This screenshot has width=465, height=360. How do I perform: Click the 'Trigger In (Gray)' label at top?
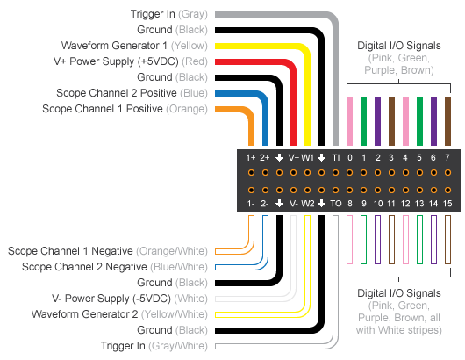pyautogui.click(x=166, y=14)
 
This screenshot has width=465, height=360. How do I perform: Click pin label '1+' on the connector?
pyautogui.click(x=251, y=157)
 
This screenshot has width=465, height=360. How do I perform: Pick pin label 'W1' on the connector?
pyautogui.click(x=308, y=157)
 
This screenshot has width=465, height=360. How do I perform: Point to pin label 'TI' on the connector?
pyautogui.click(x=336, y=157)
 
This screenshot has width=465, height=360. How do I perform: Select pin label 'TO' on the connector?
pyautogui.click(x=336, y=203)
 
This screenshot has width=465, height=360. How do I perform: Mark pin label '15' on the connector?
pyautogui.click(x=447, y=203)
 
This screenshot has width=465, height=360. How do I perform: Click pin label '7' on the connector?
pyautogui.click(x=447, y=157)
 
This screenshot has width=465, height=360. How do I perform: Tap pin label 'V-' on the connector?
pyautogui.click(x=293, y=203)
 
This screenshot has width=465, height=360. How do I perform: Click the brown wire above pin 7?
pyautogui.click(x=447, y=119)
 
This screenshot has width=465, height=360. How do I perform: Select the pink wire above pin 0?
pyautogui.click(x=350, y=119)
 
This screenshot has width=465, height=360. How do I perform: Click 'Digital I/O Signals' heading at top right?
pyautogui.click(x=399, y=45)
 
